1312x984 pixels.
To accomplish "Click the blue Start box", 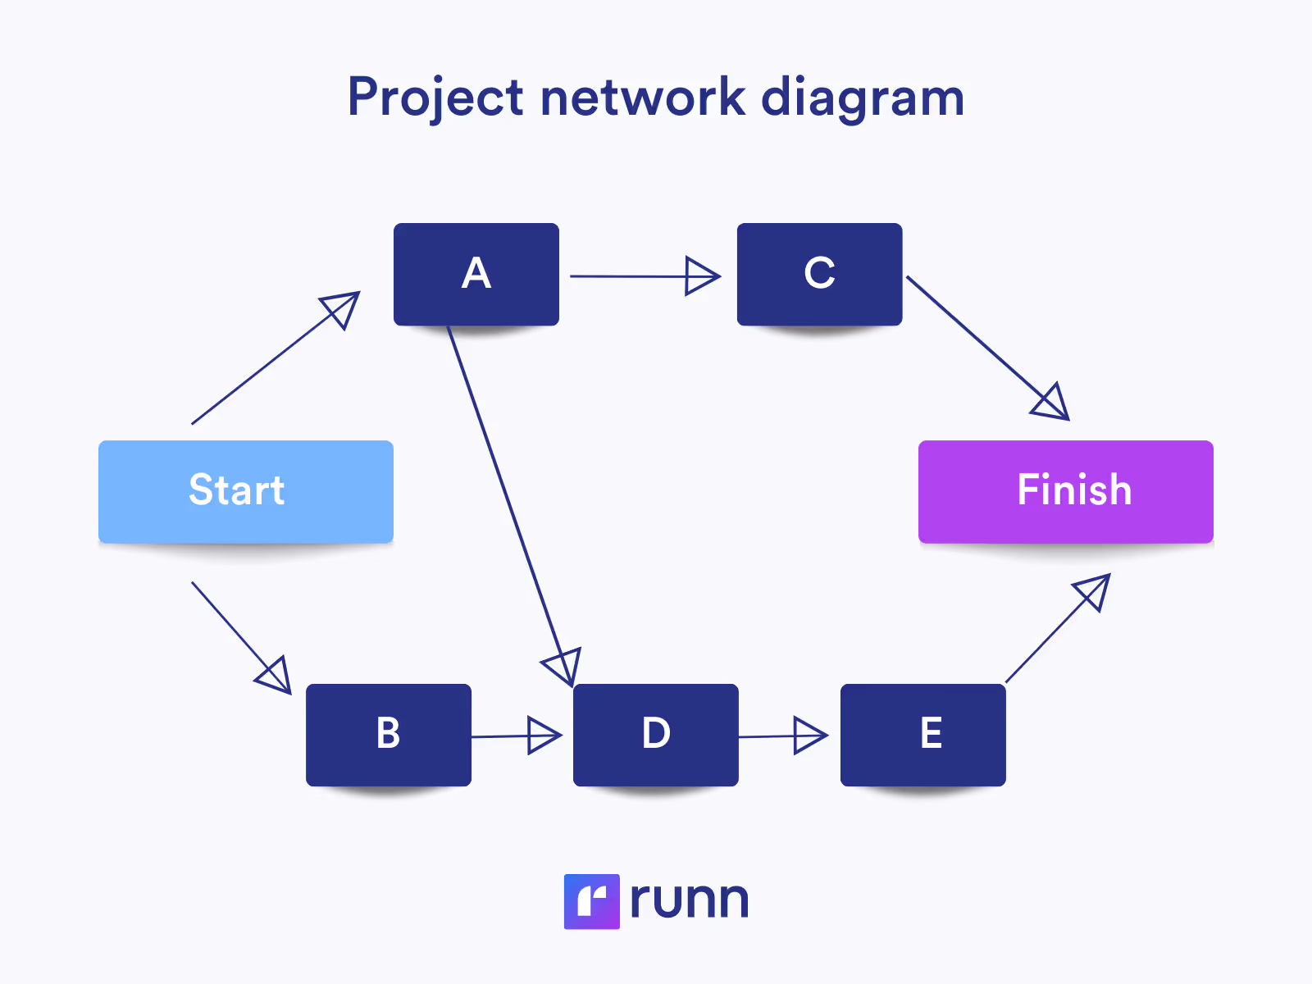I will (x=245, y=491).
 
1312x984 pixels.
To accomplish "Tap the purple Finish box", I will (x=1065, y=491).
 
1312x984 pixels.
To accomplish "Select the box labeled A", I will (x=476, y=274).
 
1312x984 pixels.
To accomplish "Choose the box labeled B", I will (x=388, y=735).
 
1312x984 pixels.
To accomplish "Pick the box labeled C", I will (x=819, y=274).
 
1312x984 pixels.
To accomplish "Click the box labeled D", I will (x=655, y=735).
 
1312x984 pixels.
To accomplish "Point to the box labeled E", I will (x=922, y=735).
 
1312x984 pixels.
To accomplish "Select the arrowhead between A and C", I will (x=701, y=276).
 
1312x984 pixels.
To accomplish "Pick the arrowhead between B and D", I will (x=544, y=736).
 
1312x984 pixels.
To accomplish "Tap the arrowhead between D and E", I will (x=810, y=736).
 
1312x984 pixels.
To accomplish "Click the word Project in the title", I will (x=435, y=98).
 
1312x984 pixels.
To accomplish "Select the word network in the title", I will (x=642, y=98).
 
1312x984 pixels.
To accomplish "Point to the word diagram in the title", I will (x=863, y=98).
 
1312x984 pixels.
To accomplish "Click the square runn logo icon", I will (x=591, y=901).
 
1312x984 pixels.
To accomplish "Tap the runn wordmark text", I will (x=689, y=900).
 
